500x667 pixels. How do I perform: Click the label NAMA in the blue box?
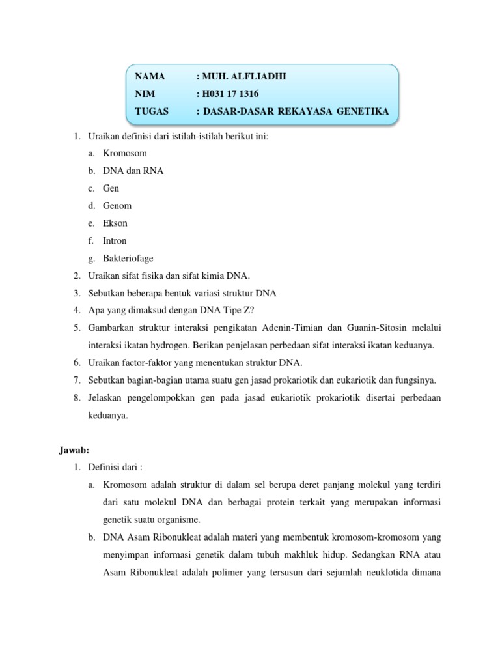click(150, 77)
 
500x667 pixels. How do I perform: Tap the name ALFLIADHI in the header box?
click(257, 77)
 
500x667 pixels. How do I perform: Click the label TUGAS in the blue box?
click(152, 111)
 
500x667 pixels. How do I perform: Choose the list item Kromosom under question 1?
click(125, 153)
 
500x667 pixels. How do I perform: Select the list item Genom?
click(117, 206)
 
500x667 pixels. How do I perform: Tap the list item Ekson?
click(115, 223)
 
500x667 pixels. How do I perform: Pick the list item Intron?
click(115, 241)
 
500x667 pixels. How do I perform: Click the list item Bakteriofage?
click(128, 259)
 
